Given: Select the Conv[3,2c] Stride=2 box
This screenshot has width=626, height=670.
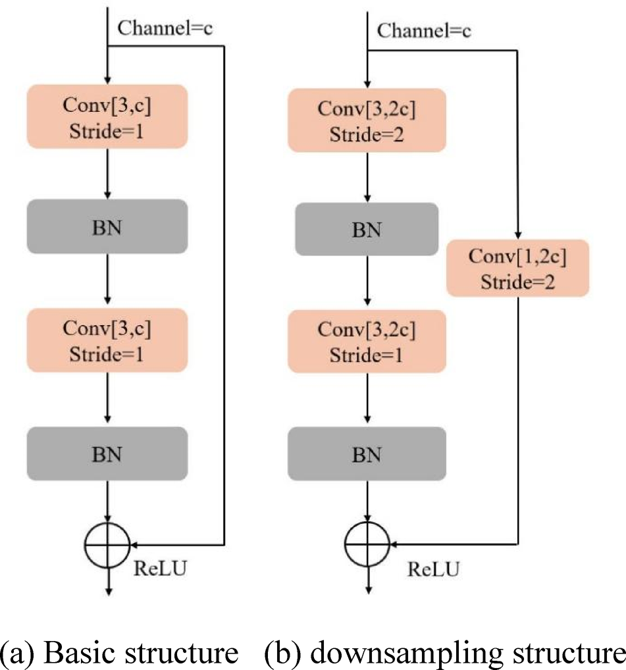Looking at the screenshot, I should tap(367, 119).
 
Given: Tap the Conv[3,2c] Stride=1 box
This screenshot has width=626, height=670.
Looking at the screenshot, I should tap(367, 340).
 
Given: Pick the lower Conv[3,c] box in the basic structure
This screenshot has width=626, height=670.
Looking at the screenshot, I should tap(107, 340).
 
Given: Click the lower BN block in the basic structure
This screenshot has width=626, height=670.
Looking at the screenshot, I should tap(107, 453).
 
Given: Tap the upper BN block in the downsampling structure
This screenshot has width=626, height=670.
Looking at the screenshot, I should tap(367, 229).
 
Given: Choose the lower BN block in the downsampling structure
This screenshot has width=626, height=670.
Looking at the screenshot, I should tap(367, 453).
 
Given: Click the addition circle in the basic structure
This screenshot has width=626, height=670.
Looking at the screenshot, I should tap(107, 545).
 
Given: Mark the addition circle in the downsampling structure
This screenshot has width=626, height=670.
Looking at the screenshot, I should tap(367, 545).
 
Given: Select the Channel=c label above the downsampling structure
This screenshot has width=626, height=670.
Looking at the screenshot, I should tap(425, 31).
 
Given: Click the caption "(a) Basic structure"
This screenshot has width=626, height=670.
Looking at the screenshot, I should tap(120, 654).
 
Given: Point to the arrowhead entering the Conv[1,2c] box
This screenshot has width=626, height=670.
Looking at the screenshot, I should tap(519, 235).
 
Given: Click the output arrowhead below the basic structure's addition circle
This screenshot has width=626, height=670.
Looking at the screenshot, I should tap(107, 590).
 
